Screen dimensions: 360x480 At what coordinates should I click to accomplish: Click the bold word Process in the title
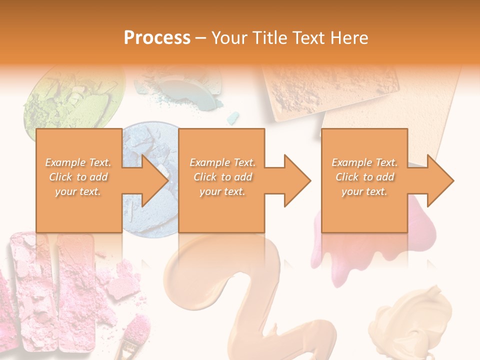(157, 38)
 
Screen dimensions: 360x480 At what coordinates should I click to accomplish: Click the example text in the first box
(78, 177)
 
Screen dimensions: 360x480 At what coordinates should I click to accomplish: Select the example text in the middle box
(222, 177)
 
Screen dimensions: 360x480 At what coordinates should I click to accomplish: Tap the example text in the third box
(364, 177)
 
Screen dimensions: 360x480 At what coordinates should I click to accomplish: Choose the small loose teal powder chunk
(232, 118)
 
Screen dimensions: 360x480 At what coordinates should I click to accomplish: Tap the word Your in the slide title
(227, 38)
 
